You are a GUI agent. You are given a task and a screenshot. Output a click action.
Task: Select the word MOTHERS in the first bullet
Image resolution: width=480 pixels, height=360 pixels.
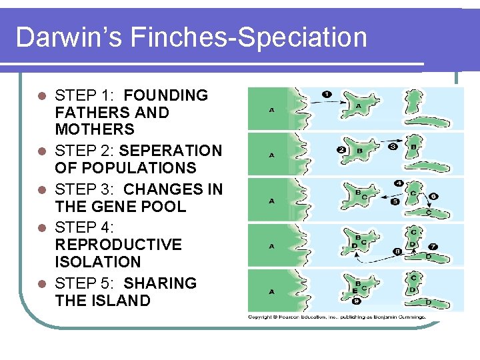coord(95,129)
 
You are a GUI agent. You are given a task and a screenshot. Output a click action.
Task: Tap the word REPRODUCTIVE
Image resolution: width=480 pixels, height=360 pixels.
coord(119,245)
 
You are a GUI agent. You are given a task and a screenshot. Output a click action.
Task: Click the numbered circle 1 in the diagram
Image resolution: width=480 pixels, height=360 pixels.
coord(327,95)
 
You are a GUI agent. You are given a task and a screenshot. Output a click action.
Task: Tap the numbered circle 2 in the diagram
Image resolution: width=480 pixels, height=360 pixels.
coord(341,149)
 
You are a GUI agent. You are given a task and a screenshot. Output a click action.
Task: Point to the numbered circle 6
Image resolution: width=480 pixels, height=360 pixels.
coord(433,196)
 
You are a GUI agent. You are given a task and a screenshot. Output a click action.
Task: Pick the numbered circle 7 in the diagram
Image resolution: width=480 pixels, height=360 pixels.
coord(433,247)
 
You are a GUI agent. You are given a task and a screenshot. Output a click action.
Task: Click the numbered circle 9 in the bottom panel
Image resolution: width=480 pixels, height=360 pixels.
coord(357,301)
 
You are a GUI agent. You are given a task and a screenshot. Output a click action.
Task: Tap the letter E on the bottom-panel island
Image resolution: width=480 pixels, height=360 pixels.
coord(355,291)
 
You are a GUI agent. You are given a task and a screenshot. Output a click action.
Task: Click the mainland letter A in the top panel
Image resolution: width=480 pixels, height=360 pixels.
coord(271,109)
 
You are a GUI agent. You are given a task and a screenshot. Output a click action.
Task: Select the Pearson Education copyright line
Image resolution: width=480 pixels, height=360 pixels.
coord(336,317)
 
